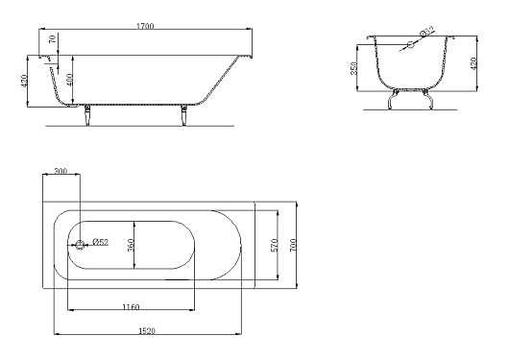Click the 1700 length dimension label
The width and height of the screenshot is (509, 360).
click(x=145, y=26)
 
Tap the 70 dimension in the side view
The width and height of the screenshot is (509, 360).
click(x=52, y=39)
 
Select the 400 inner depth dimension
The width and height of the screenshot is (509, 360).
click(x=69, y=80)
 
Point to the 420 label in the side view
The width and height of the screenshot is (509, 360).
click(x=24, y=81)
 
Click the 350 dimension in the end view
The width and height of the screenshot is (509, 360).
click(x=353, y=68)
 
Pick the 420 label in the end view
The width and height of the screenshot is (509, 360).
click(x=473, y=63)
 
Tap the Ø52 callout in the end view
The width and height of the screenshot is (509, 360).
click(x=426, y=31)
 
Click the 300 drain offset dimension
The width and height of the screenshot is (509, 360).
click(x=61, y=171)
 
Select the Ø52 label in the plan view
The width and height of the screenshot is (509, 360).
click(x=101, y=242)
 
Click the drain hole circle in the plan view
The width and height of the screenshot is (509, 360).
click(x=80, y=245)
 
